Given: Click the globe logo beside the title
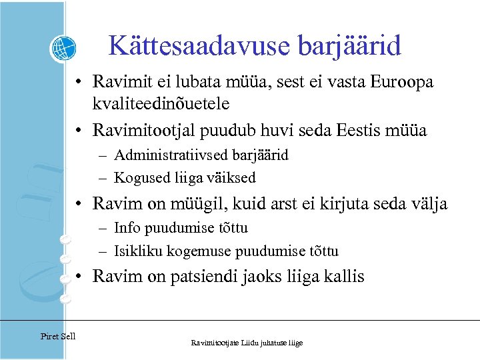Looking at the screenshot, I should click(x=63, y=48).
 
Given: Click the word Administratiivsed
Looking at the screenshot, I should click(x=171, y=155).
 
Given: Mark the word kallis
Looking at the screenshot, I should click(x=343, y=277).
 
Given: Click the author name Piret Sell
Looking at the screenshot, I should click(x=58, y=336).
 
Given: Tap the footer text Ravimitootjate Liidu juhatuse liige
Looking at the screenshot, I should click(x=247, y=343).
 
